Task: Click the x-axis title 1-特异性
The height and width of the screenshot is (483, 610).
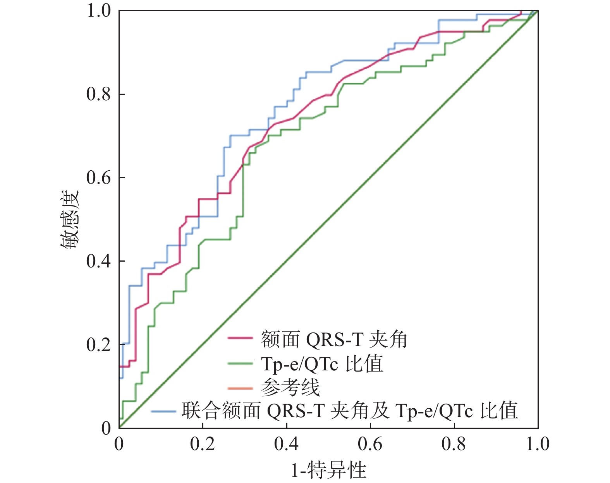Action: click(x=328, y=470)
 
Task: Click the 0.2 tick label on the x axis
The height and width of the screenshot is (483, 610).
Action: click(x=203, y=444)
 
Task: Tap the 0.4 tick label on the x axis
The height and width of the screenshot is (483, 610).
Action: click(x=286, y=444)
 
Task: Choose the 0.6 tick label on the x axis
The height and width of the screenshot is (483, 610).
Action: click(x=370, y=444)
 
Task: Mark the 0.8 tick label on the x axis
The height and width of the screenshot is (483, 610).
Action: click(x=454, y=444)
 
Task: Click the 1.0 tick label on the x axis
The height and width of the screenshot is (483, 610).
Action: click(x=537, y=444)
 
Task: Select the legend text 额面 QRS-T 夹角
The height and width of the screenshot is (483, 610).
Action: click(x=334, y=339)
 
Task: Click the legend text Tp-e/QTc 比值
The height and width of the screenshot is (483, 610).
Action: click(x=322, y=364)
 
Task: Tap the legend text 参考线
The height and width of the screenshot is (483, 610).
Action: click(x=290, y=387)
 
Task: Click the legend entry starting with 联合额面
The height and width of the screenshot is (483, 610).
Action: click(x=350, y=411)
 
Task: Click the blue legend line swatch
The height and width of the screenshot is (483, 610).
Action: click(x=163, y=411)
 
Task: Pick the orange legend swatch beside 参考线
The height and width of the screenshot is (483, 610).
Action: click(x=240, y=388)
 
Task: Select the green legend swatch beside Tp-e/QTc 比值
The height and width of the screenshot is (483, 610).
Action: click(x=240, y=363)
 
